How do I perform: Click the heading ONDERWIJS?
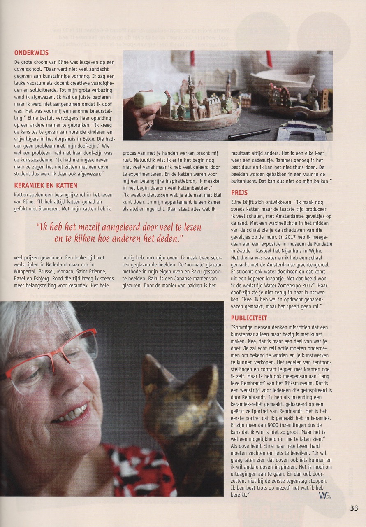[31, 53]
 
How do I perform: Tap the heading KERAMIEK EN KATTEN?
[46, 186]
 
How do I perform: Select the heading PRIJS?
[239, 193]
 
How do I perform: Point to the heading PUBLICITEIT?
[249, 318]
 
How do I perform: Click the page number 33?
[354, 508]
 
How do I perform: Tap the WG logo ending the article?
[324, 496]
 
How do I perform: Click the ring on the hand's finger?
[148, 125]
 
